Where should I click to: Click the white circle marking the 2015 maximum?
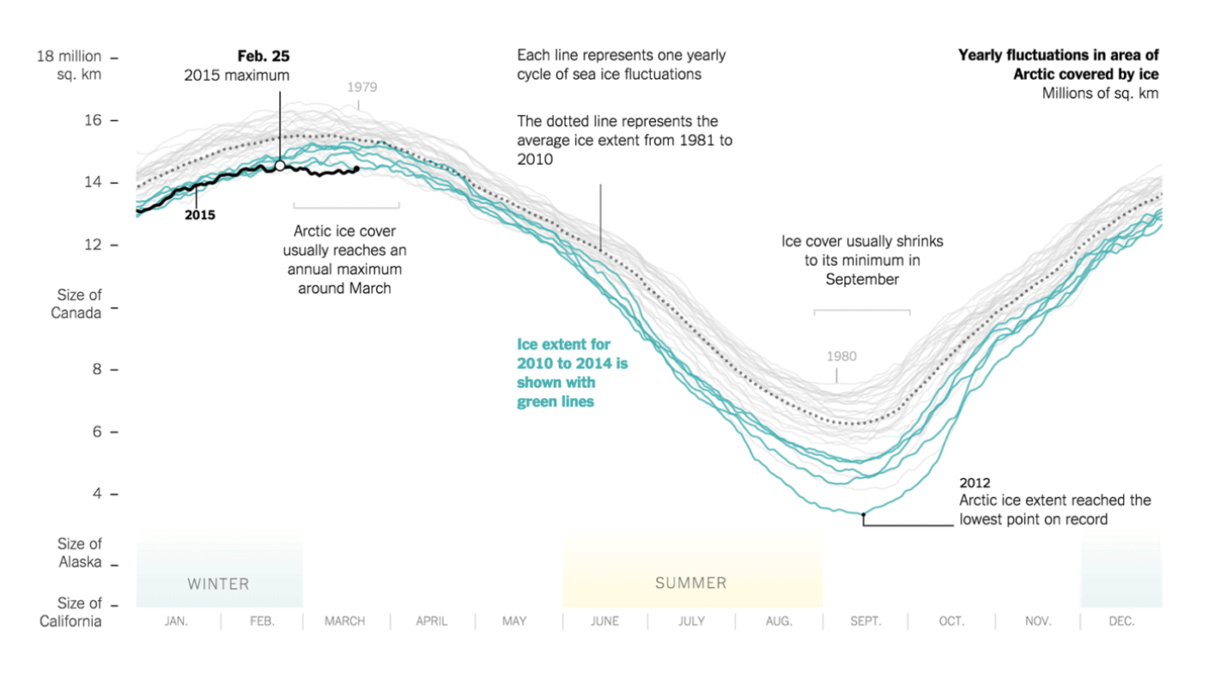(279, 165)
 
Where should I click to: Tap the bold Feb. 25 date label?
(264, 57)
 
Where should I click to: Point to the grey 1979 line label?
(362, 87)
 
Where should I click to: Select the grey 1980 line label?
(841, 356)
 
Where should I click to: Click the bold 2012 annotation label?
(974, 483)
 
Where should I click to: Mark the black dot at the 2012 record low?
(863, 514)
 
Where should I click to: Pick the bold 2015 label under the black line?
(199, 215)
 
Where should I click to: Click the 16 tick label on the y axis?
(93, 120)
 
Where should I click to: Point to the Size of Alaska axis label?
(79, 553)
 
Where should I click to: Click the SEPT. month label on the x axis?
(866, 621)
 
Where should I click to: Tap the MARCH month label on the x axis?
(345, 621)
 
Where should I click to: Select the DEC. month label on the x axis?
(1121, 621)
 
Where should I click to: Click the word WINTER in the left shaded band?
(218, 584)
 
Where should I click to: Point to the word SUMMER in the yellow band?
(691, 584)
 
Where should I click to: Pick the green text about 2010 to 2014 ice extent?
(572, 372)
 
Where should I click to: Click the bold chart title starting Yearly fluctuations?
(1059, 65)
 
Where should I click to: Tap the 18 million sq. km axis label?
(68, 65)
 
